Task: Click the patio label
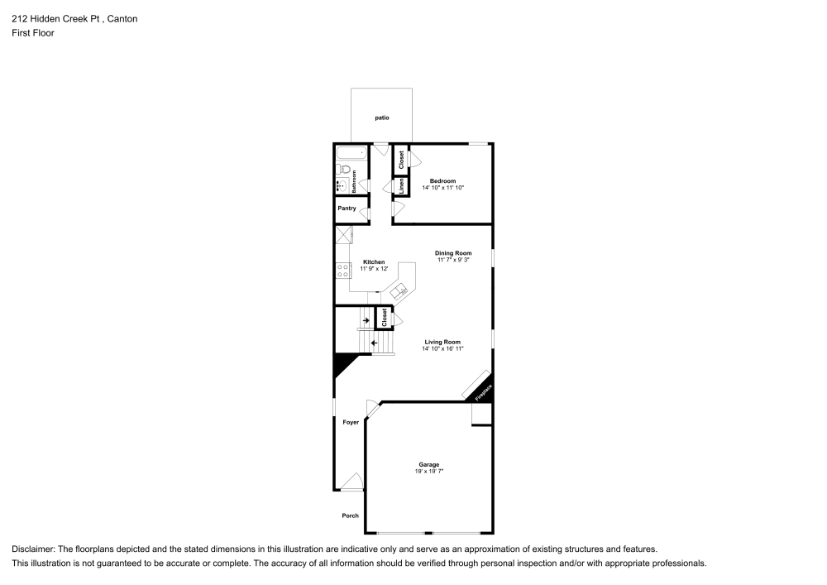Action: pyautogui.click(x=381, y=118)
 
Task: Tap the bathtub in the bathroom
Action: pyautogui.click(x=351, y=153)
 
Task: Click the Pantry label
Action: pyautogui.click(x=347, y=209)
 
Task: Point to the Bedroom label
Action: pyautogui.click(x=442, y=181)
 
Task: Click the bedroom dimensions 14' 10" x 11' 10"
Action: pyautogui.click(x=442, y=188)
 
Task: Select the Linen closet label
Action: pyautogui.click(x=400, y=185)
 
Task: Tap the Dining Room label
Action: pyautogui.click(x=453, y=253)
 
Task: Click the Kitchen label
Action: pyautogui.click(x=374, y=262)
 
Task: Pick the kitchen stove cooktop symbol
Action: pyautogui.click(x=344, y=268)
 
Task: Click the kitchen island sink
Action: pyautogui.click(x=399, y=290)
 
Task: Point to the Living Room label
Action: pyautogui.click(x=442, y=342)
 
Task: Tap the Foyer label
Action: pyautogui.click(x=351, y=422)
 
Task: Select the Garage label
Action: pyautogui.click(x=428, y=465)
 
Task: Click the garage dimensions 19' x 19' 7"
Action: pyautogui.click(x=428, y=472)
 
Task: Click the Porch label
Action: pyautogui.click(x=351, y=515)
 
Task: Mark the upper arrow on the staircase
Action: pyautogui.click(x=366, y=320)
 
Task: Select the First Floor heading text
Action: pyautogui.click(x=33, y=33)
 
